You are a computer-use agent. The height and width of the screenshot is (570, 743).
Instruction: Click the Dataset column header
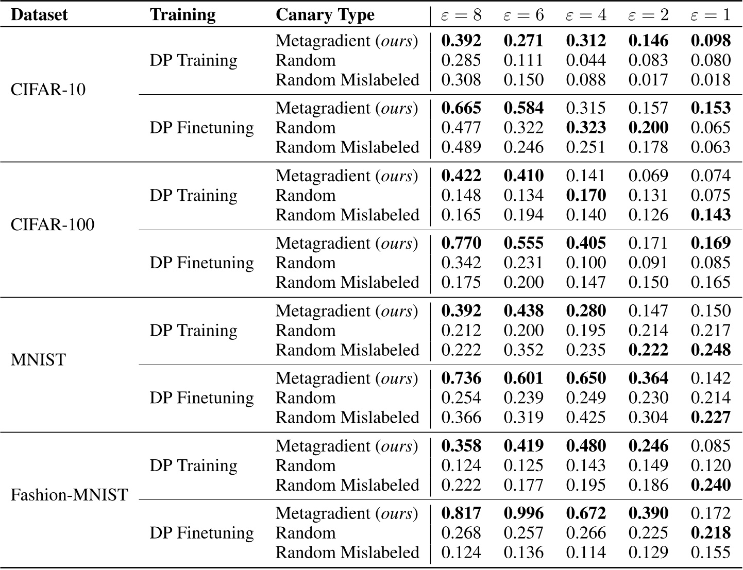[x=39, y=14]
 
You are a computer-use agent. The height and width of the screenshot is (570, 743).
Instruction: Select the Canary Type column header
[x=325, y=14]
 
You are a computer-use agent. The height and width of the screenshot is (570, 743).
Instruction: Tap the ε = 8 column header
[x=461, y=15]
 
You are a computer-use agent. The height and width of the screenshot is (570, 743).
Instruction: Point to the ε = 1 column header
[x=711, y=15]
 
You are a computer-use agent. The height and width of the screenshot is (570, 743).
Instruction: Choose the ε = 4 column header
[x=586, y=15]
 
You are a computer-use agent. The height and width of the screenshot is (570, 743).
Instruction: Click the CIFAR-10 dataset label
[x=48, y=90]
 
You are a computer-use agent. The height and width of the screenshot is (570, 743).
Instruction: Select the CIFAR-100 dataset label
[x=53, y=224]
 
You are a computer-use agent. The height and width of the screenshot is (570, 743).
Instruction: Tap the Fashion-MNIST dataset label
[x=69, y=495]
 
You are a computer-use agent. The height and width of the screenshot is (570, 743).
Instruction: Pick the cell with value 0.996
[x=524, y=513]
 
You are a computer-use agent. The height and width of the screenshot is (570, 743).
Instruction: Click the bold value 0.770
[x=461, y=243]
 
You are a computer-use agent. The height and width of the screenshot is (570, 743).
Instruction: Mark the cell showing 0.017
[x=648, y=80]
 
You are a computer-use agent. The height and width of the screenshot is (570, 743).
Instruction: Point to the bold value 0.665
[x=461, y=108]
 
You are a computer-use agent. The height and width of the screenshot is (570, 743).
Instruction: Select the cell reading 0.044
[x=586, y=60]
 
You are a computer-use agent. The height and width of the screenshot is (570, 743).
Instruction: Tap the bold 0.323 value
[x=586, y=128]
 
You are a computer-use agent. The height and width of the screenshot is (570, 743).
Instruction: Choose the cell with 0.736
[x=461, y=378]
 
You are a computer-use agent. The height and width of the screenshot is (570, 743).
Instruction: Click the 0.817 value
[x=461, y=513]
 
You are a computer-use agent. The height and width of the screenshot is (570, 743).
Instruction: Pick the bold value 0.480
[x=586, y=446]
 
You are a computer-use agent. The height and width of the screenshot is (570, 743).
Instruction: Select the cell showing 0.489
[x=461, y=147]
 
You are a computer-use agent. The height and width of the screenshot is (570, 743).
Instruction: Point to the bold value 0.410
[x=524, y=176]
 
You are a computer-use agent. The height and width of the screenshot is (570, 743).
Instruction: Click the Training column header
[x=183, y=14]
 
